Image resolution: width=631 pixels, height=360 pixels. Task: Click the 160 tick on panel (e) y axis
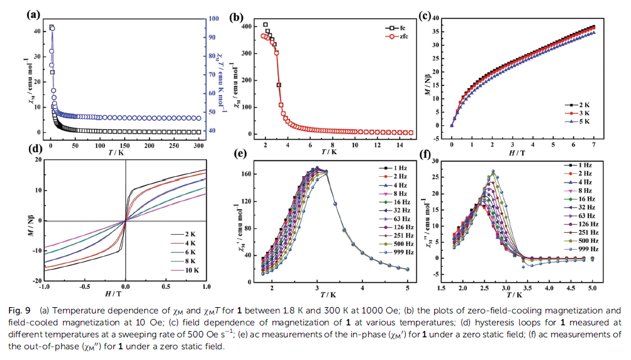(249, 174)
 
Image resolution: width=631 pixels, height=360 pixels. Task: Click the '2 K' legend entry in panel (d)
(191, 233)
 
